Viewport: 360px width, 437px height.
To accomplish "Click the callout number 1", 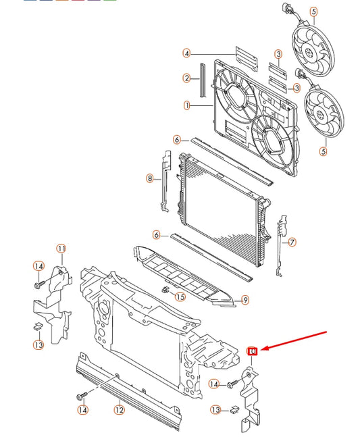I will [187, 105].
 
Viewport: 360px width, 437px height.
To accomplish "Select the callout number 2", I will [186, 78].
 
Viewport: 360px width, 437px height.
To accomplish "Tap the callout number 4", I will [186, 53].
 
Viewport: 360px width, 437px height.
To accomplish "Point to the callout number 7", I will [292, 242].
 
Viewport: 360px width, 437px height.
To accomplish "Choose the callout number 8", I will [149, 178].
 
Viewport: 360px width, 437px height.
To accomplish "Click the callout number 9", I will [245, 300].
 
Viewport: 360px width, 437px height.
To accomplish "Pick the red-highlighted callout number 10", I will [252, 351].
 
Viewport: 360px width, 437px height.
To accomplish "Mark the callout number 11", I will [61, 249].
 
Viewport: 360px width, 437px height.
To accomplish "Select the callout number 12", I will [119, 409].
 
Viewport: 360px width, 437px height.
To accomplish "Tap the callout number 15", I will [180, 297].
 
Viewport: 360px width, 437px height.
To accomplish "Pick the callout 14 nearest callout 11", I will [38, 266].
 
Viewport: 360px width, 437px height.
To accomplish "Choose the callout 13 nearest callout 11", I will [38, 344].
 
